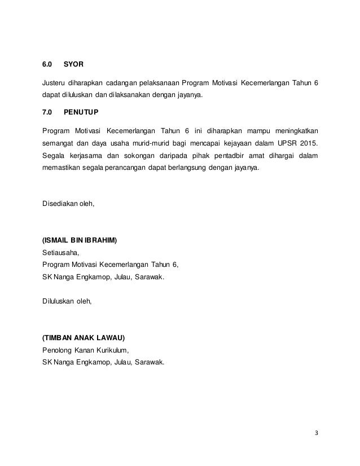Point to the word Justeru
pos(55,83)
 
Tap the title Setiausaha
pos(61,252)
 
